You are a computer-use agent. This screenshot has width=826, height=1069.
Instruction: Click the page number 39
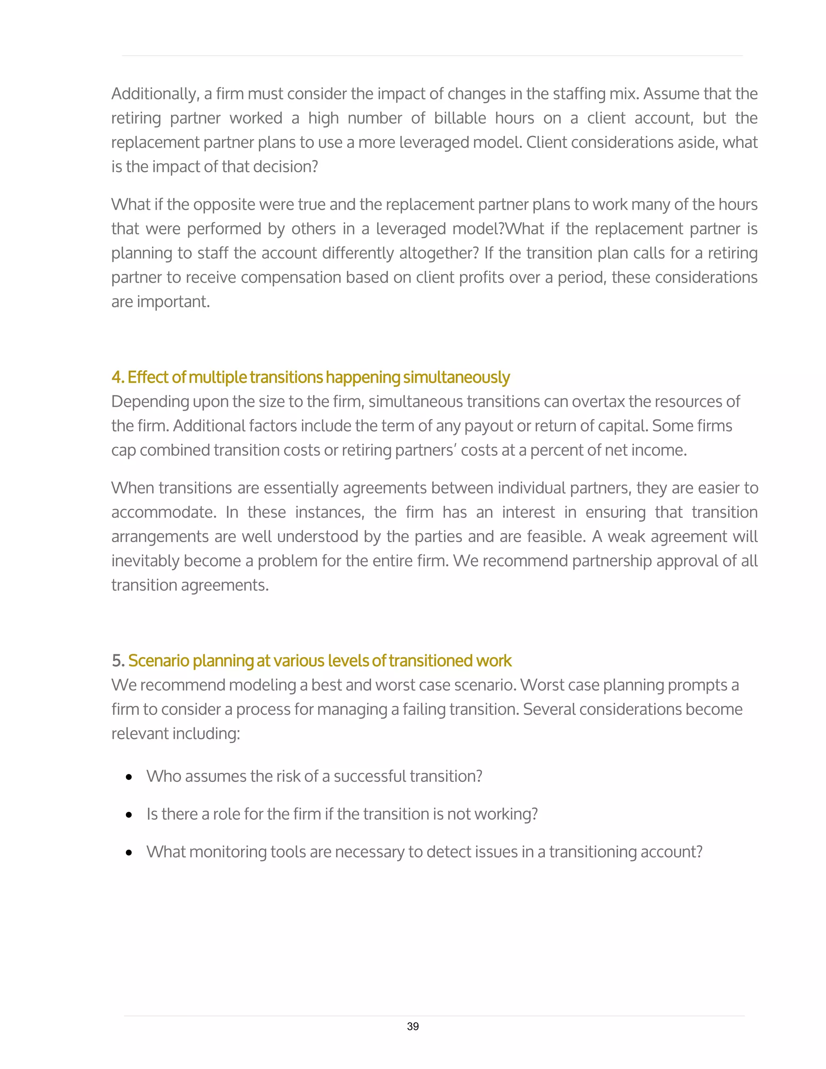click(x=413, y=1026)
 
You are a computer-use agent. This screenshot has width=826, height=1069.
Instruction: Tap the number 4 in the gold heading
click(x=117, y=378)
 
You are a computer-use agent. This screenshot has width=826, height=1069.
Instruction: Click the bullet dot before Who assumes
click(x=129, y=777)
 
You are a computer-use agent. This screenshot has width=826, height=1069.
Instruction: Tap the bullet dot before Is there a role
click(x=129, y=815)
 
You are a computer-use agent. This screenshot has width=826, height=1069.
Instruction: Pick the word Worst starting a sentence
click(x=541, y=685)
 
